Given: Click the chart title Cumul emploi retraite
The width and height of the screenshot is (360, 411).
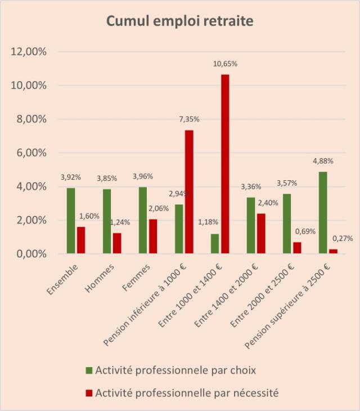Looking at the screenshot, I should click(180, 22).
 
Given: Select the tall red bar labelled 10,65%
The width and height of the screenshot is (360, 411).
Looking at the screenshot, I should click(225, 164).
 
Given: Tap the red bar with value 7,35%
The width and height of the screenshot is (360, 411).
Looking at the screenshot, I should click(189, 192).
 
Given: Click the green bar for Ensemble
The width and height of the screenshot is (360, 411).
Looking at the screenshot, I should click(71, 221).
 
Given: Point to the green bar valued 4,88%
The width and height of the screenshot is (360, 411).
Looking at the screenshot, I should click(323, 213).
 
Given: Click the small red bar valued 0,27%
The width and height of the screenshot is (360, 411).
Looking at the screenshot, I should click(332, 251).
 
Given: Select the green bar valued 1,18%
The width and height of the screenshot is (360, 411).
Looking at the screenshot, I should click(215, 244).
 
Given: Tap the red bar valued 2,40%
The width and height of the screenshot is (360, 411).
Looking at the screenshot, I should click(260, 234).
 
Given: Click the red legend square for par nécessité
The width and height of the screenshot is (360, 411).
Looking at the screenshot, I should click(89, 393).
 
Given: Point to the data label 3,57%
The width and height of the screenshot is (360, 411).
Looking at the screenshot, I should click(286, 183).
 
